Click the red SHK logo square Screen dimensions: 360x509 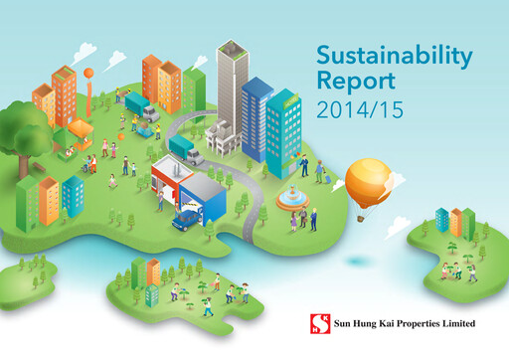[x=318, y=324]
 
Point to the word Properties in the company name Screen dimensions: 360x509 [x=407, y=324]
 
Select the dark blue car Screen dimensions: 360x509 [x=188, y=219]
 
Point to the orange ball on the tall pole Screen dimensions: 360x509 [x=90, y=72]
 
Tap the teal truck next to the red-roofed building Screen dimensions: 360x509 [x=185, y=149]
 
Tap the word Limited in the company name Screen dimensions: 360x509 [x=455, y=324]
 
